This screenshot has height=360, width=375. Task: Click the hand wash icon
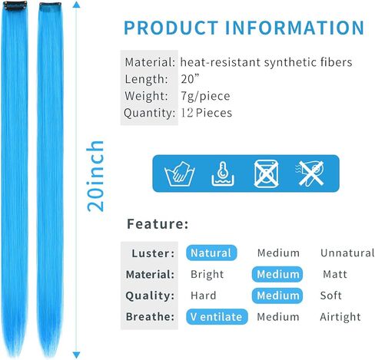tap(180, 173)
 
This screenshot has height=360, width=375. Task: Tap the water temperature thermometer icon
tap(223, 173)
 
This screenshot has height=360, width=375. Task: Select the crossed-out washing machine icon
tap(266, 173)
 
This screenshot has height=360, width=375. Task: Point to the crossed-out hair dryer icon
tap(310, 173)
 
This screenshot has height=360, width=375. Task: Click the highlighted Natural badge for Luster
tap(211, 253)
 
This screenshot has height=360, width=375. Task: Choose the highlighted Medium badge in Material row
tap(277, 274)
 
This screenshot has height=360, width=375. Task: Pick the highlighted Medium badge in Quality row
tap(277, 296)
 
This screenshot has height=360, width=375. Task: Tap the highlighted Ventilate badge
tap(217, 317)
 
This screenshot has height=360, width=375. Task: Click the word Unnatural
tap(347, 253)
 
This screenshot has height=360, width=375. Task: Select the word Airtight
tap(340, 317)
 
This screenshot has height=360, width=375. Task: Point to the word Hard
tap(204, 296)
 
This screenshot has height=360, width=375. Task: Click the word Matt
tap(335, 274)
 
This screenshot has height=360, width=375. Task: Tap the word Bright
tap(207, 275)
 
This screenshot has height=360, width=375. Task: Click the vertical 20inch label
tap(95, 176)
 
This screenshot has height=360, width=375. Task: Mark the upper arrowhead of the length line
tap(76, 5)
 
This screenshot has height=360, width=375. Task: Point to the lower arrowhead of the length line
tap(76, 355)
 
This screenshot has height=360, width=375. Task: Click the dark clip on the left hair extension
tap(15, 6)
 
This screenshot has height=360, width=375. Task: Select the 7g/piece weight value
tap(205, 96)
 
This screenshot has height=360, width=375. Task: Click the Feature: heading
tap(158, 224)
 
